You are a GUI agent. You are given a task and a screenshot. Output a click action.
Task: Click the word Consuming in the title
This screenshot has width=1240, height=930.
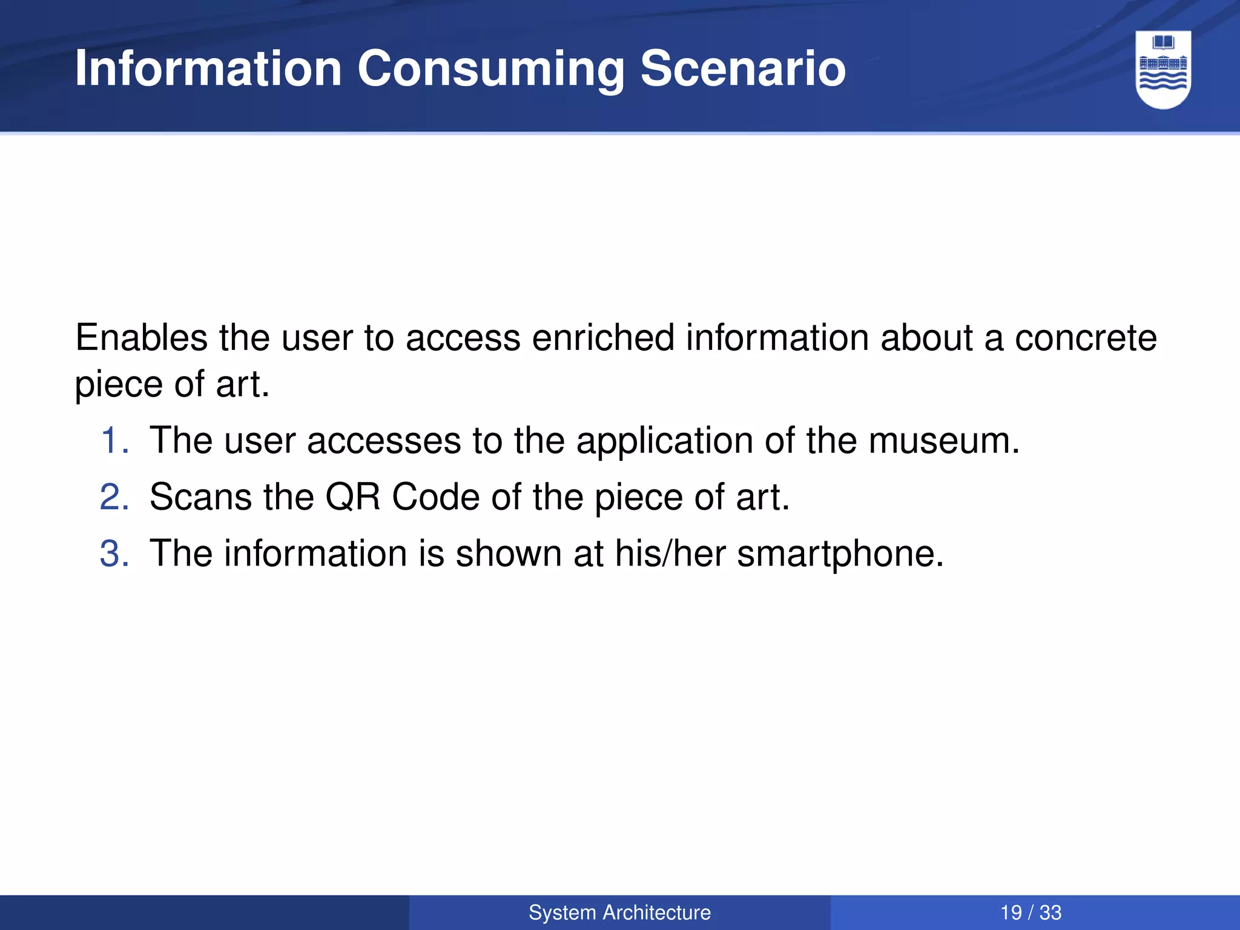tap(490, 70)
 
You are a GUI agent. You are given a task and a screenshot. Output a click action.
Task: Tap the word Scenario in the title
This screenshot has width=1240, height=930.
tap(743, 68)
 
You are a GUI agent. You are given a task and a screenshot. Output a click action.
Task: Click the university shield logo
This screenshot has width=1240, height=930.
tap(1163, 70)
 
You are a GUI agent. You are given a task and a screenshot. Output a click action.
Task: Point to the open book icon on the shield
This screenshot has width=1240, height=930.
tap(1163, 43)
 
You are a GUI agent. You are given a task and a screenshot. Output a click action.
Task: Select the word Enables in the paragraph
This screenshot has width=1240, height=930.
tap(141, 337)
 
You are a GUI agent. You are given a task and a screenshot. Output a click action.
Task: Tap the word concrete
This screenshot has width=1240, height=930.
tap(1086, 338)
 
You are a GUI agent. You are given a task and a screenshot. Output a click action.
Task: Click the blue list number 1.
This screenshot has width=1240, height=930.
tap(113, 440)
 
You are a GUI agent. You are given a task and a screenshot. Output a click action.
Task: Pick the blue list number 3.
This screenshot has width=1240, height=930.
tap(113, 553)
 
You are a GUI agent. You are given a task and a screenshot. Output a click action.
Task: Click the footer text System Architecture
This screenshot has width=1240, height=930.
tap(619, 912)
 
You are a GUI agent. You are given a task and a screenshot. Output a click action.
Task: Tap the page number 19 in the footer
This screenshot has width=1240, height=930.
tap(1011, 912)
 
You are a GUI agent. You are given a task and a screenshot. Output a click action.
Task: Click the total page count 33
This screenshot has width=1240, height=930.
tap(1050, 912)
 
